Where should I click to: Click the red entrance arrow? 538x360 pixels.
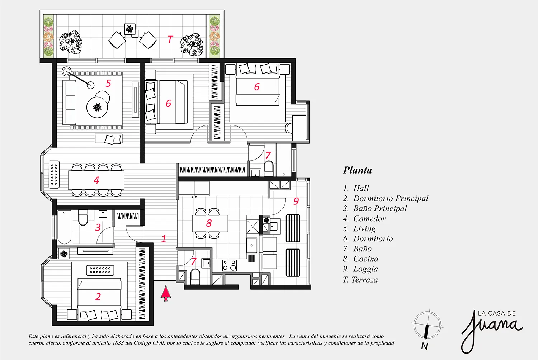tap(166, 293)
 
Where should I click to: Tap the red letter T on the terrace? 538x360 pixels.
tap(170, 39)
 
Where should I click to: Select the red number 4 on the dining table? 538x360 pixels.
tap(96, 180)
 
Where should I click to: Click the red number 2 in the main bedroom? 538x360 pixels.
tap(98, 297)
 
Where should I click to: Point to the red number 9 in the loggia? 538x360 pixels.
tap(296, 201)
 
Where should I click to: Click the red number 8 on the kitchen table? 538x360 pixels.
tap(209, 223)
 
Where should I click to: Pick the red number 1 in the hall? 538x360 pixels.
tap(164, 239)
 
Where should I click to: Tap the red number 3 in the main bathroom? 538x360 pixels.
tap(98, 227)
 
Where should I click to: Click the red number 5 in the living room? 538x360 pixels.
tap(108, 83)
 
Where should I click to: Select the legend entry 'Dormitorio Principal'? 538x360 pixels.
tap(391, 198)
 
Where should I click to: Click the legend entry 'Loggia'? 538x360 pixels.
tap(365, 269)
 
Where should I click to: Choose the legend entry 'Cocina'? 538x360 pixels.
tap(366, 259)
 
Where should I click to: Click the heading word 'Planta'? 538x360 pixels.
tap(357, 170)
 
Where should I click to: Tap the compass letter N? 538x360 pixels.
tap(424, 346)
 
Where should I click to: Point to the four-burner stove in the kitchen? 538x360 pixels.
tap(230, 265)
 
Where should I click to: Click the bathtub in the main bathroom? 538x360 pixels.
tap(64, 227)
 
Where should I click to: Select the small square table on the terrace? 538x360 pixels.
tap(130, 29)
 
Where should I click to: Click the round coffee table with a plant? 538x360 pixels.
tap(97, 107)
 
